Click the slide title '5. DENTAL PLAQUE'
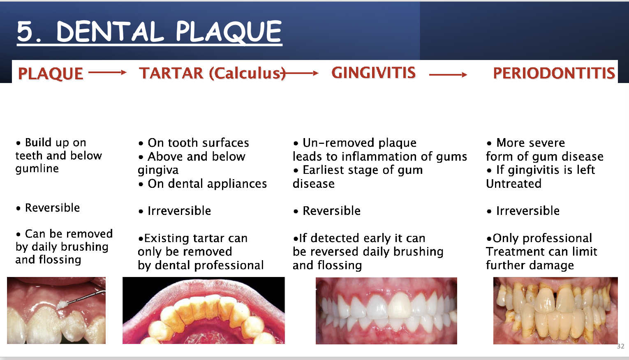tap(149, 32)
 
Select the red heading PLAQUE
tap(51, 74)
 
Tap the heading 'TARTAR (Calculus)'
tap(212, 73)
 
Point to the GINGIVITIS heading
tap(373, 73)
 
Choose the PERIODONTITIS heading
tap(554, 73)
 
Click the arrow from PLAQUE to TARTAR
tap(107, 73)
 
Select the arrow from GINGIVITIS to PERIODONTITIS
tap(448, 74)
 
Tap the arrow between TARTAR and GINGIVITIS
tap(302, 74)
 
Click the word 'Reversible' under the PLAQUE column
tap(52, 208)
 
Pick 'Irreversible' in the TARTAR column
tap(179, 211)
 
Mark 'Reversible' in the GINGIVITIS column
tap(331, 211)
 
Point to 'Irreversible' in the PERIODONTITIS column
tap(528, 211)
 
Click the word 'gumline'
tap(37, 168)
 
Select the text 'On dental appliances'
tap(207, 184)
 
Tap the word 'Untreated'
tap(513, 184)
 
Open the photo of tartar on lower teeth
tap(203, 310)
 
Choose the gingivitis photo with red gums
tap(386, 311)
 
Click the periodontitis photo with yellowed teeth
tap(555, 311)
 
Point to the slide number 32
tap(620, 346)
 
